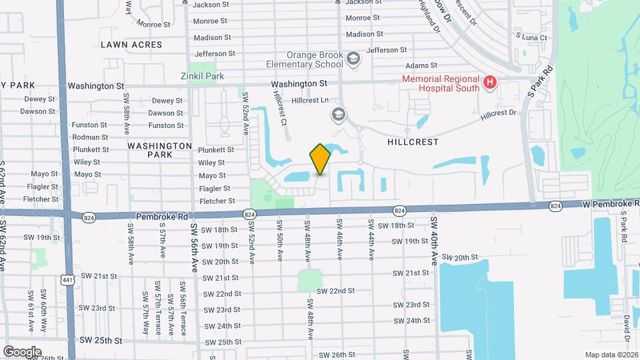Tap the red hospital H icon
pos(491,83)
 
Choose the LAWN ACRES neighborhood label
pos(131,45)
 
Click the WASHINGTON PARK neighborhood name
pos(159,150)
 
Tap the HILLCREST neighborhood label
pos(413,142)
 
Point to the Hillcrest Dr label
pos(499,113)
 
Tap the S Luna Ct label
pos(531,38)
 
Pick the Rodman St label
pos(91,137)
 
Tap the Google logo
pos(22,351)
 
